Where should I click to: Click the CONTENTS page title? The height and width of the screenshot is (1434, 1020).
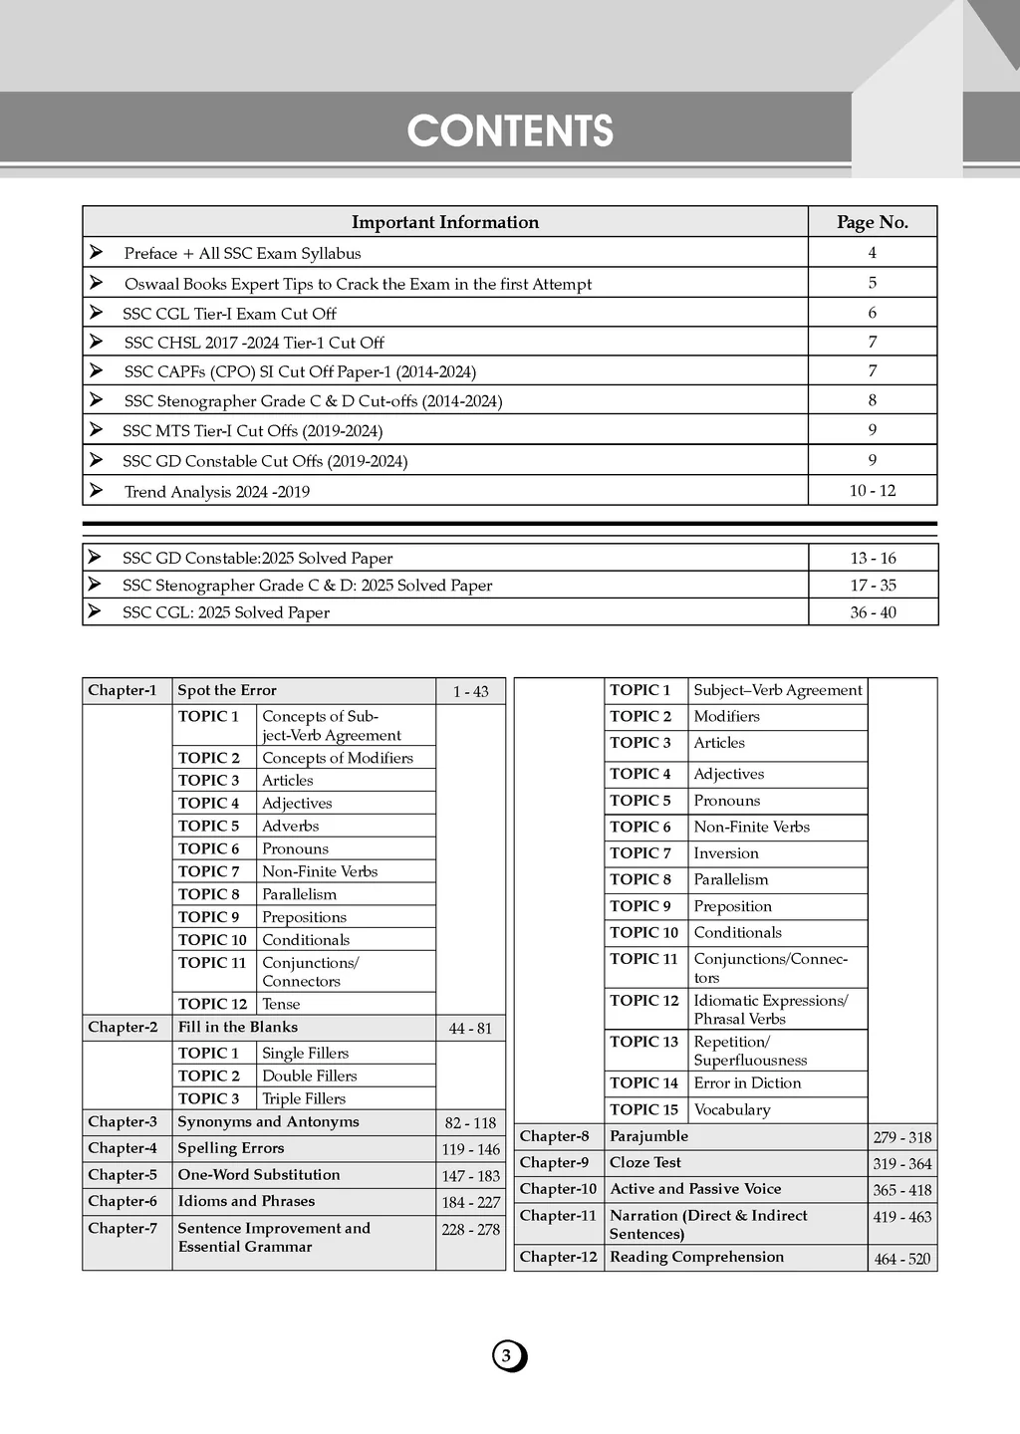click(x=510, y=131)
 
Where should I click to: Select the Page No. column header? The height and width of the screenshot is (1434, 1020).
click(x=873, y=222)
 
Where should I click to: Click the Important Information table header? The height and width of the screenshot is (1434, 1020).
click(x=444, y=222)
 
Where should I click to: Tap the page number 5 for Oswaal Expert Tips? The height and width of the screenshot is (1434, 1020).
click(x=873, y=283)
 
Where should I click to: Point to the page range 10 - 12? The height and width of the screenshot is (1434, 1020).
click(x=873, y=491)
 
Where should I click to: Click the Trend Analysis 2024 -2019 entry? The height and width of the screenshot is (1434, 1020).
click(x=216, y=492)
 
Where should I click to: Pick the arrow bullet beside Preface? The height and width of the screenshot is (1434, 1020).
click(x=96, y=252)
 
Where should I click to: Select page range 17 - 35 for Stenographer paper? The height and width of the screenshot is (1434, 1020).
click(x=873, y=586)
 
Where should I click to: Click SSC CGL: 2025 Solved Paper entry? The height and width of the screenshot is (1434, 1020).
click(x=225, y=612)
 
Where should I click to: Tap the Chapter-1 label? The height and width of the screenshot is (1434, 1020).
click(x=123, y=691)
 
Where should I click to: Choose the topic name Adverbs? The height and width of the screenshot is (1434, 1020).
click(x=290, y=827)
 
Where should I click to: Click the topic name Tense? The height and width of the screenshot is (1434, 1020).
click(x=281, y=1005)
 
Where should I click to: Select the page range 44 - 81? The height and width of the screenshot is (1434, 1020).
click(x=470, y=1029)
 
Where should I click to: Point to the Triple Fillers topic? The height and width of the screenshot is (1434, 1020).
click(x=304, y=1099)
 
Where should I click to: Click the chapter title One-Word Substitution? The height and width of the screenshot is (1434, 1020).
click(x=259, y=1175)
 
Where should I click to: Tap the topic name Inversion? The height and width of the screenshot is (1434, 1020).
click(x=726, y=853)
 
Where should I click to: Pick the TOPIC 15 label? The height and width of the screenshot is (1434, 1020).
click(x=643, y=1110)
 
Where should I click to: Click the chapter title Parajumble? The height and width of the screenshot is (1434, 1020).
click(x=648, y=1136)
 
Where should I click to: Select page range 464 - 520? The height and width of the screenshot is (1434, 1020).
click(x=901, y=1260)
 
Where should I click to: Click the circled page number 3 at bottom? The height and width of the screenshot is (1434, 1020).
click(x=507, y=1356)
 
